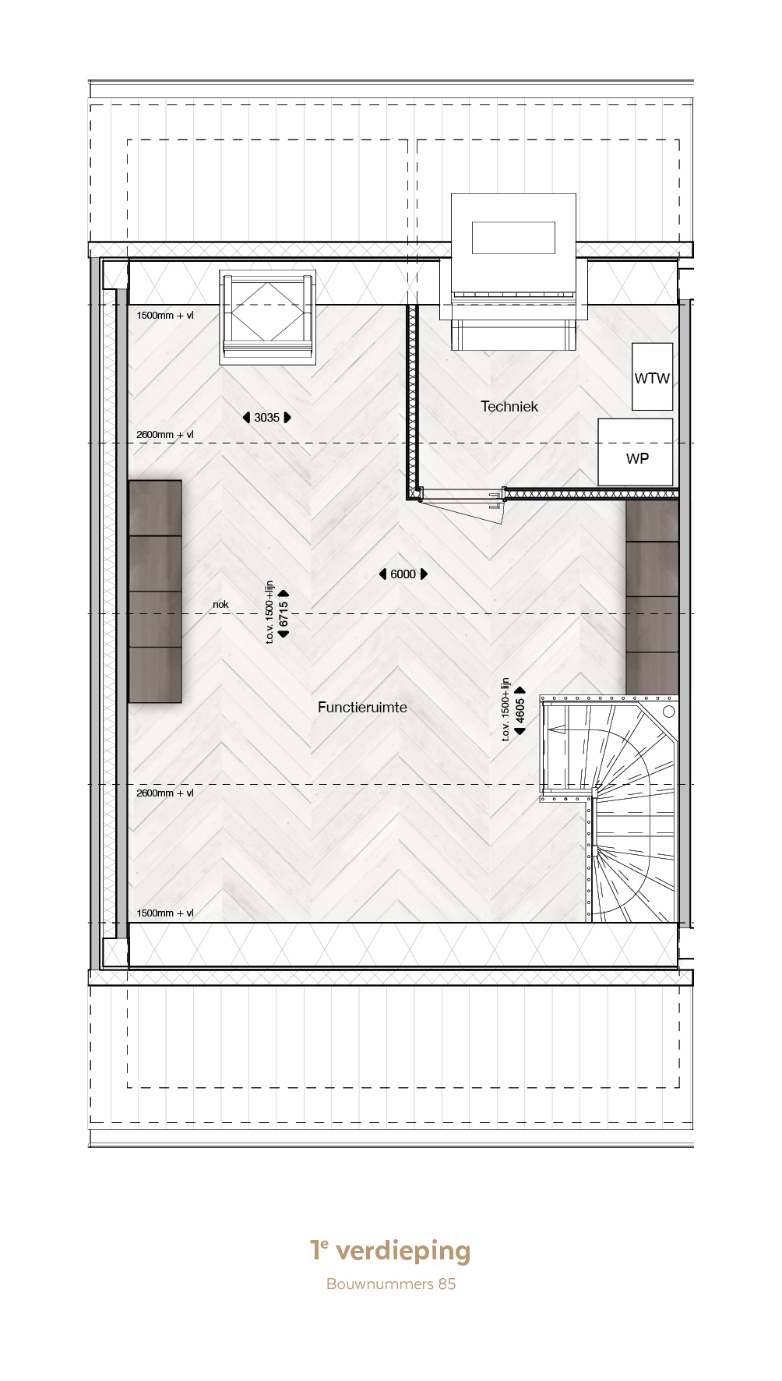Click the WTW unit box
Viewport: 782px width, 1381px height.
click(652, 376)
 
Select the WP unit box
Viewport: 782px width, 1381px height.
click(636, 452)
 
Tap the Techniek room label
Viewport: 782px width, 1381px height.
click(509, 406)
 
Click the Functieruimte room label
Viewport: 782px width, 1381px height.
click(362, 707)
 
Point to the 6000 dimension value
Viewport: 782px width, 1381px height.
click(403, 574)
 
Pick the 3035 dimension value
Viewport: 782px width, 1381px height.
click(266, 418)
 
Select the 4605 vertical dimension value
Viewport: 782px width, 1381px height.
click(520, 711)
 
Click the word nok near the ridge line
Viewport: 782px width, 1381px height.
click(220, 604)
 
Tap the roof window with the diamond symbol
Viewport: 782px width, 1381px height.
click(267, 316)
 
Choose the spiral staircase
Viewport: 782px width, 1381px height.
click(610, 809)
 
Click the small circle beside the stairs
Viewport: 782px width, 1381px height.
click(668, 712)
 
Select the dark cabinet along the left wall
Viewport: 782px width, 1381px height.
click(155, 592)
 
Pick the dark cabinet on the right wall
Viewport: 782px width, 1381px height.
click(653, 597)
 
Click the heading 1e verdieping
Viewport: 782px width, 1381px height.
click(391, 1250)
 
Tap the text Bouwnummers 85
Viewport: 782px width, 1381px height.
click(391, 1284)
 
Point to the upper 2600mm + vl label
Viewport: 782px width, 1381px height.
click(165, 435)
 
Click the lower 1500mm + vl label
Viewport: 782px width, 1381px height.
click(165, 913)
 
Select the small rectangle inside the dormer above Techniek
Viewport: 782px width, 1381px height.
click(513, 238)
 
